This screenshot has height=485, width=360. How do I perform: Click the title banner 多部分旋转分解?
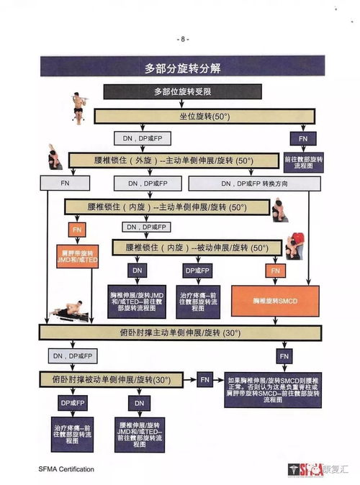point(182,68)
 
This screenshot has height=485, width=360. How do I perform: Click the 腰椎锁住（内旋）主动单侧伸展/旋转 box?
point(166,207)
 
